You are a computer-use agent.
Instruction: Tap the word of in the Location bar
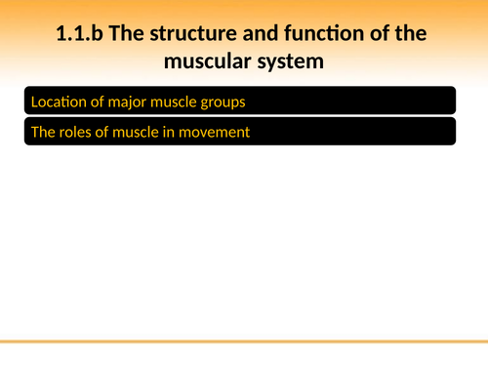click(97, 102)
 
